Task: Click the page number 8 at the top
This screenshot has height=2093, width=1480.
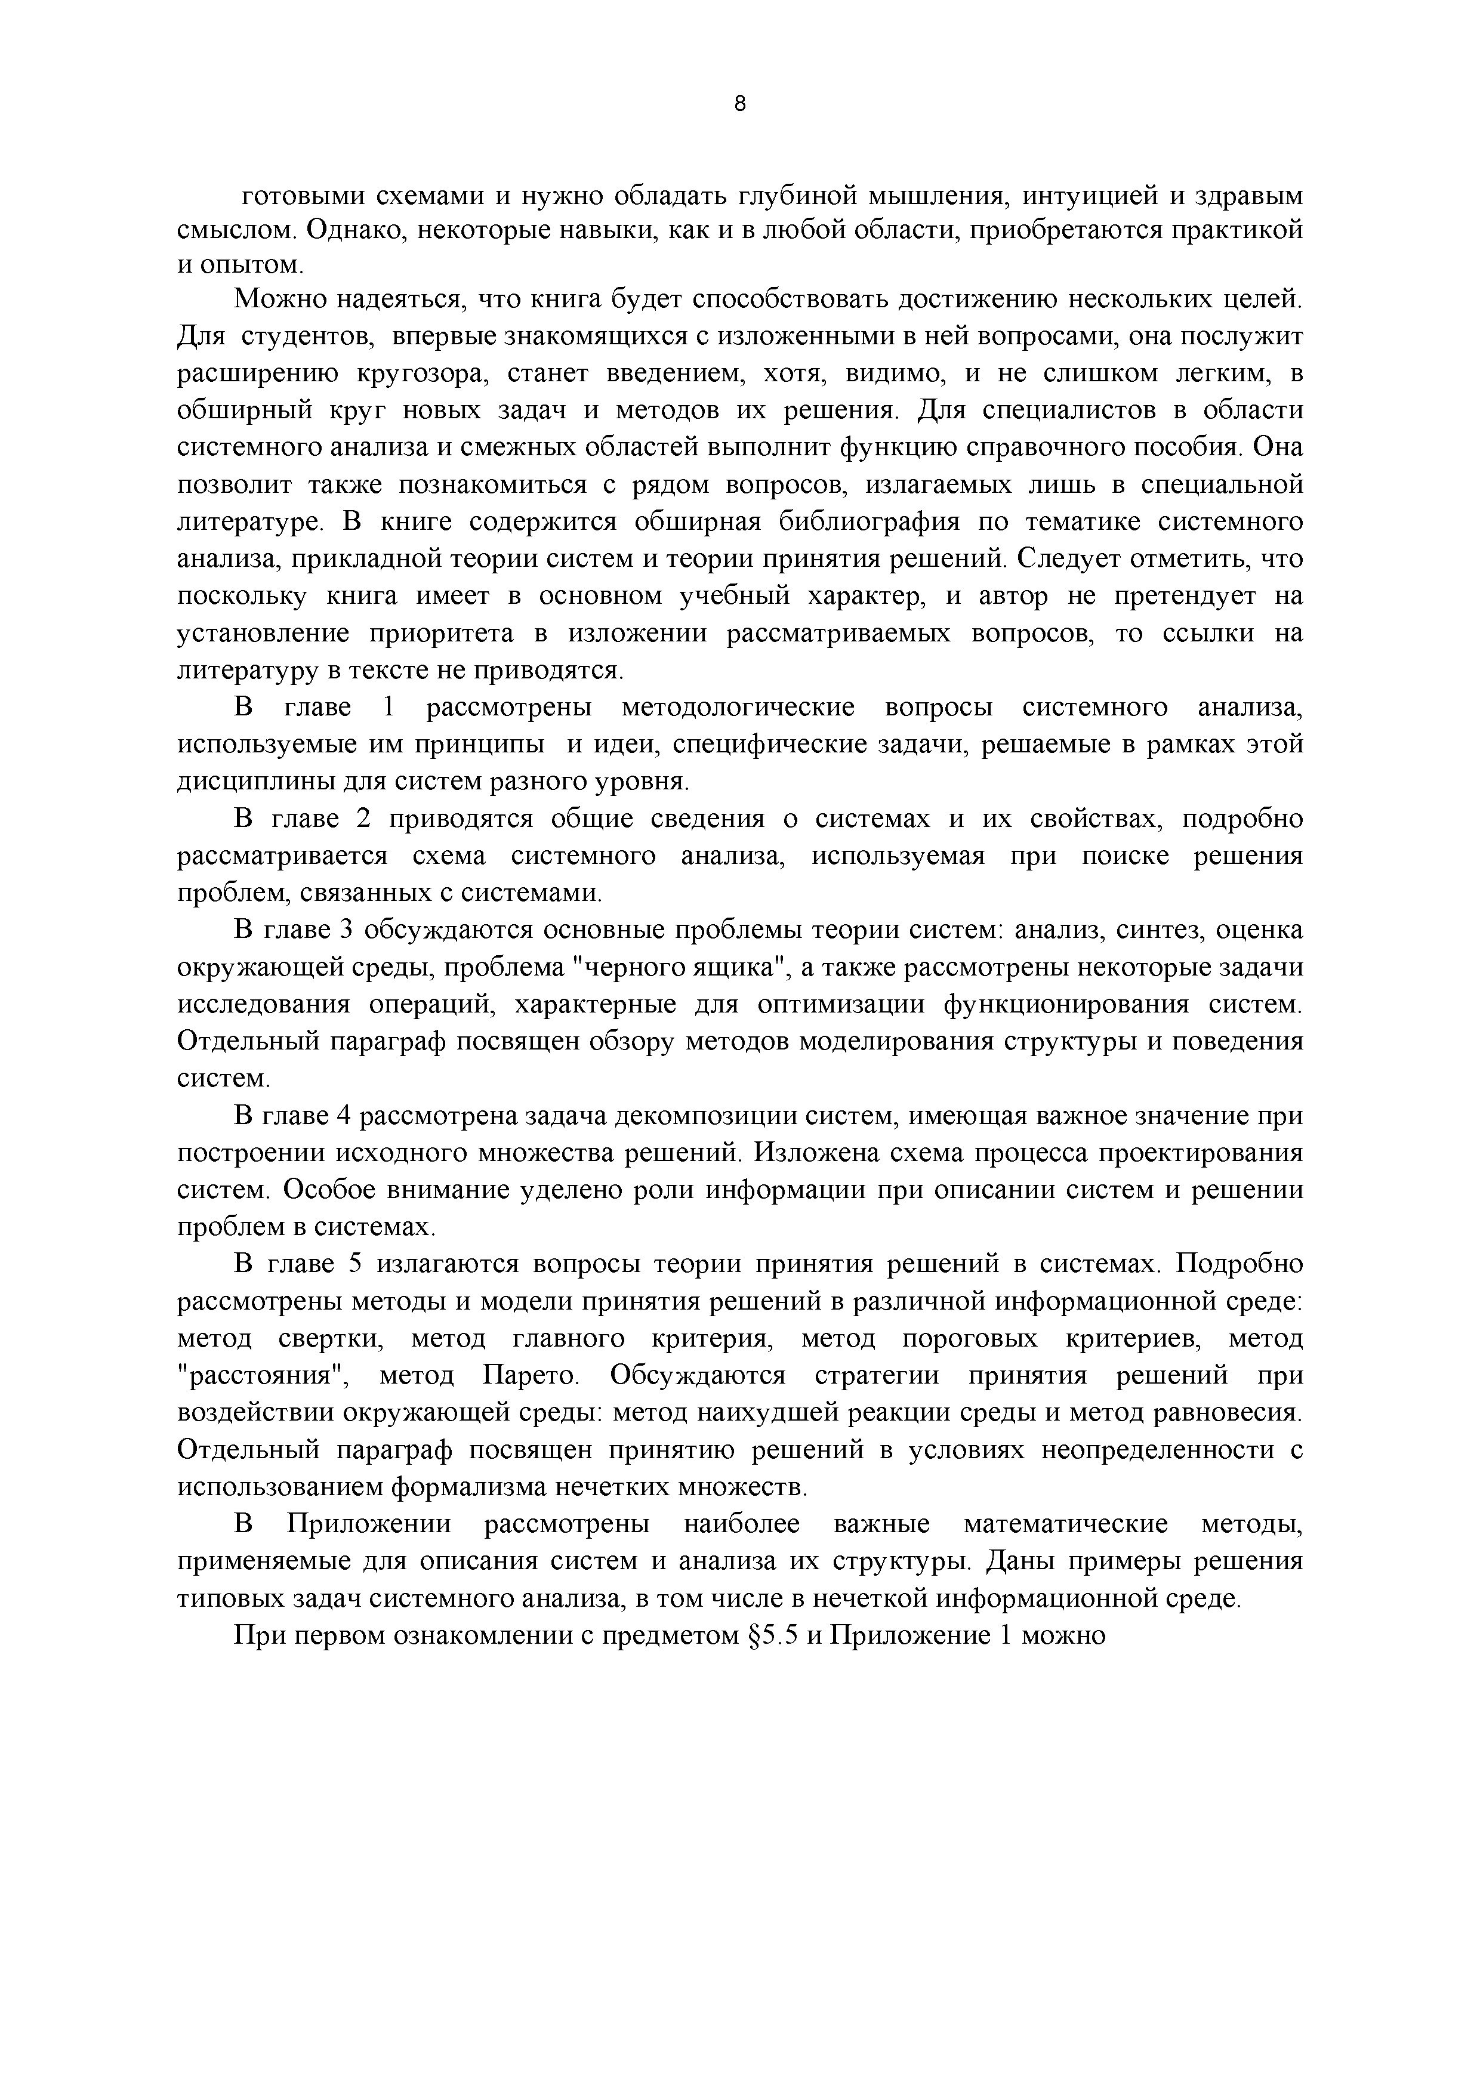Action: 739,105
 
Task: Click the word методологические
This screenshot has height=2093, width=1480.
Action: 737,708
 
